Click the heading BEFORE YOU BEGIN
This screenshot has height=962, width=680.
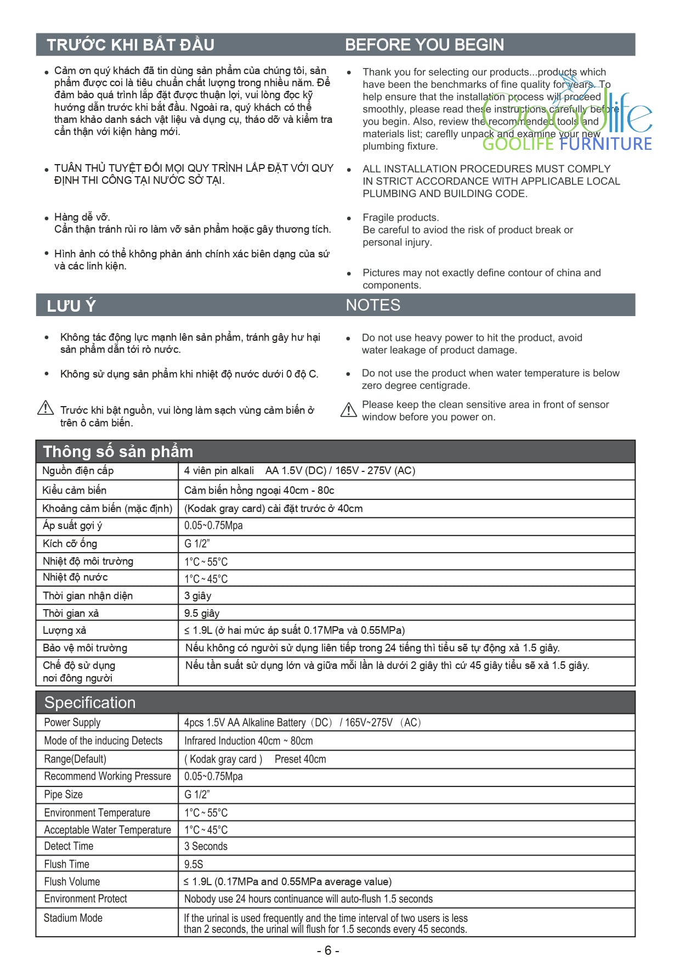pos(424,44)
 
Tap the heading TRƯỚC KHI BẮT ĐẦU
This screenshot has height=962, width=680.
pos(131,44)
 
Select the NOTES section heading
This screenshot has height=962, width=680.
pos(373,305)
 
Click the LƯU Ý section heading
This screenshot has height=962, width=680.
pos(71,306)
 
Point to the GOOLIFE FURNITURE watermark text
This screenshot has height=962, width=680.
pos(567,144)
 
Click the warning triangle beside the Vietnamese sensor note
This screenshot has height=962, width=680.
pos(46,408)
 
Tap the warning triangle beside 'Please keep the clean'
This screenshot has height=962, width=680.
pos(349,409)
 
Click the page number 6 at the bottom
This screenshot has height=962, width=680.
pos(328,950)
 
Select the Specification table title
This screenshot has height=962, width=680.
pos(90,702)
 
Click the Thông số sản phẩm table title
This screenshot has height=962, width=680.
pos(118,452)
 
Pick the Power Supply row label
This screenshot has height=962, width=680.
pos(72,722)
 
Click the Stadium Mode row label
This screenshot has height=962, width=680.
pos(73,918)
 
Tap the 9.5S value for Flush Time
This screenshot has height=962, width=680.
pos(194,864)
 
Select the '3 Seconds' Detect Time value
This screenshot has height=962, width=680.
pos(206,846)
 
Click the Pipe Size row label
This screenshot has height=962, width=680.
pos(64,794)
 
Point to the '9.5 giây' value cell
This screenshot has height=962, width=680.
pos(202,613)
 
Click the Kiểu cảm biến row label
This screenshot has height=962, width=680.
pos(75,490)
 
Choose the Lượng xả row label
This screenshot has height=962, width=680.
pos(65,630)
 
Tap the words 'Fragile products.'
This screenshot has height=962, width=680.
pos(400,217)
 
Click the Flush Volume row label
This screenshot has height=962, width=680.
pos(72,881)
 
